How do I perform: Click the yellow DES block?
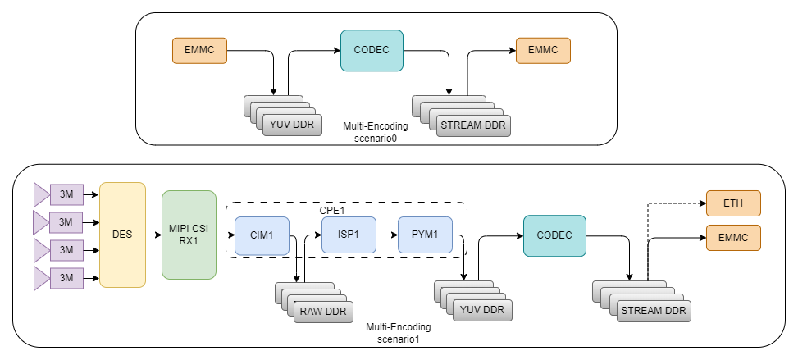(x=123, y=235)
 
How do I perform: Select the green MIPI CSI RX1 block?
(x=189, y=235)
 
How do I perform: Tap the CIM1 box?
(x=262, y=235)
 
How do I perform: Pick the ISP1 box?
(x=349, y=235)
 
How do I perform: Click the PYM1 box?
(x=425, y=235)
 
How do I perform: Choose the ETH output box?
(x=733, y=203)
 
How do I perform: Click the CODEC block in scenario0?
(x=372, y=50)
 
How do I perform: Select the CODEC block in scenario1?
(x=554, y=235)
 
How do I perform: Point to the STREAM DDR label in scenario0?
(x=473, y=125)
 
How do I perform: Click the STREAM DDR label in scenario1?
(x=654, y=311)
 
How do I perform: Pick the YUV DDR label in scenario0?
(x=293, y=125)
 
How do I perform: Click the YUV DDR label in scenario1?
(x=482, y=310)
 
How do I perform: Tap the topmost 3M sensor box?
(x=66, y=194)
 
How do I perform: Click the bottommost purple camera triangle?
(x=41, y=278)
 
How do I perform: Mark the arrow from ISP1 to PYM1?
(x=387, y=235)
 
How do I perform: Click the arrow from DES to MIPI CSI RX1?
(x=153, y=235)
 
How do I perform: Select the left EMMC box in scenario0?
(x=199, y=50)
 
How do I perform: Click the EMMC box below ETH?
(x=733, y=238)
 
